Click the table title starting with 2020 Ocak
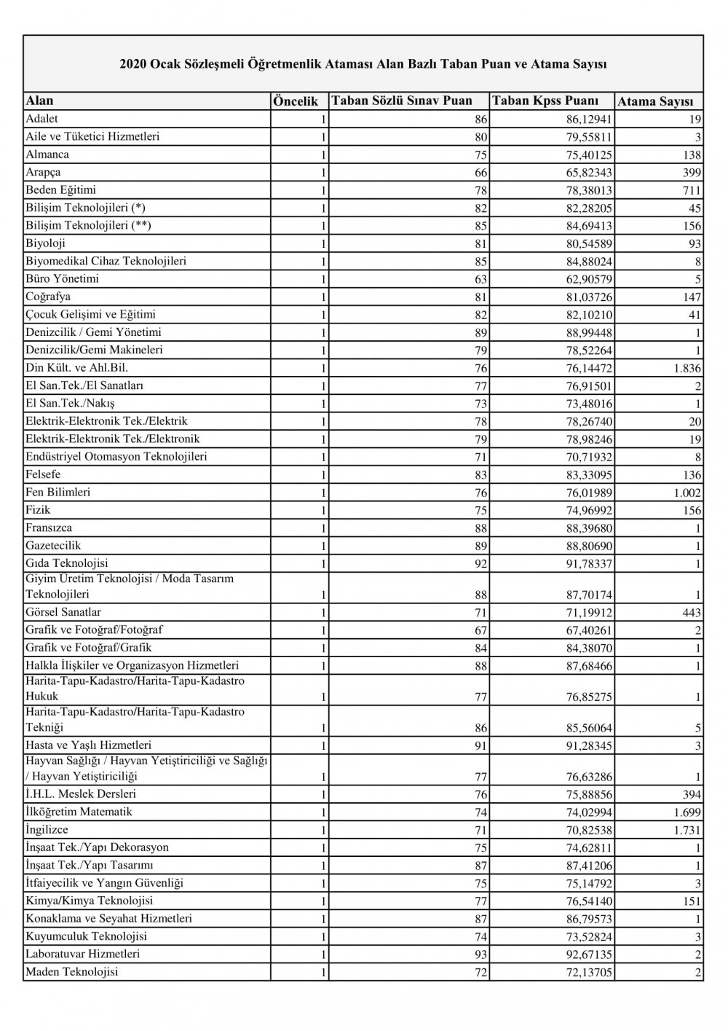363,64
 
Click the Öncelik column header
296,101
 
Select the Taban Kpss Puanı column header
545,101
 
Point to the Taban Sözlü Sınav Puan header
402,101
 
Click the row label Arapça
43,173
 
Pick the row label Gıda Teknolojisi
67,563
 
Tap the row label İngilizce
47,829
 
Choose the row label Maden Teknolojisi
71,972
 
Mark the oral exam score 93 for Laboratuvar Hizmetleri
480,954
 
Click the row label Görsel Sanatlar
63,613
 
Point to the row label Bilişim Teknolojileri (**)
88,226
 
